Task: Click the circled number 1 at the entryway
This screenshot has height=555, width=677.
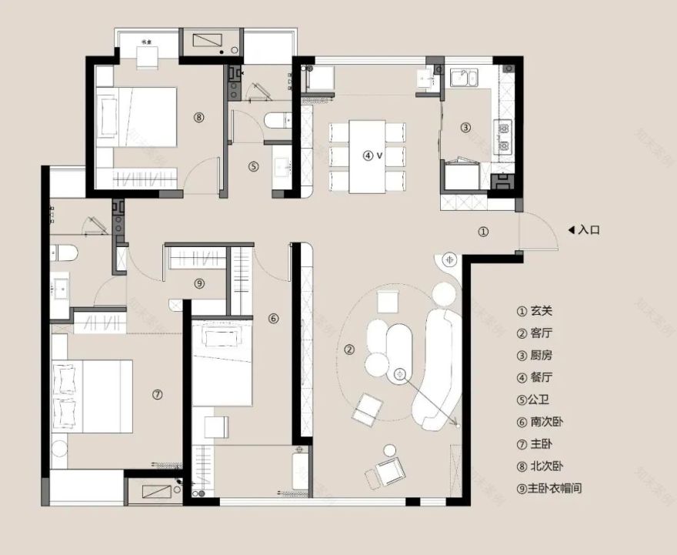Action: (483, 231)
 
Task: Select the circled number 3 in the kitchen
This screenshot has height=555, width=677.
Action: (465, 128)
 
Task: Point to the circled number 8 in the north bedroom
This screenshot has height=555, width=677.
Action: (199, 118)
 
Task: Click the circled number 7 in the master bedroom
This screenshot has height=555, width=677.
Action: (157, 395)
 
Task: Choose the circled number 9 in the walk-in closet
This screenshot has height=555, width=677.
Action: (199, 283)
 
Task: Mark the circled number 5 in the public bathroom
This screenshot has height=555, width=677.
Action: (254, 165)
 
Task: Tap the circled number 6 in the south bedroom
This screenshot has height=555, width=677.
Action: (273, 318)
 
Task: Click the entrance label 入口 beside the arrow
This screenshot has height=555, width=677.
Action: (589, 229)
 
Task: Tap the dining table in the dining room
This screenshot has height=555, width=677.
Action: (367, 156)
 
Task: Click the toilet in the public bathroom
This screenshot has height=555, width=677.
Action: (275, 119)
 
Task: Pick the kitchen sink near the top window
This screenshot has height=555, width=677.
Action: (464, 77)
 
